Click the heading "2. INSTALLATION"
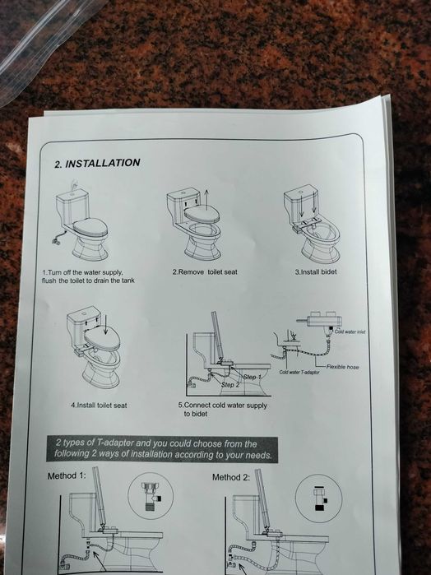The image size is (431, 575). [97, 163]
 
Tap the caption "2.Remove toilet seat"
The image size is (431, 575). [205, 272]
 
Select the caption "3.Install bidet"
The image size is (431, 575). [316, 272]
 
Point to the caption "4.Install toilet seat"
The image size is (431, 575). [99, 406]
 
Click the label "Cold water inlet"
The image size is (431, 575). [350, 332]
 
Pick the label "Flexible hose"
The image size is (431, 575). [343, 367]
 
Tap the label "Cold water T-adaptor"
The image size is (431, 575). [299, 372]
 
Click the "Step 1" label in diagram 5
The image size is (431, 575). [252, 377]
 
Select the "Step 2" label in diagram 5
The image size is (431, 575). [230, 385]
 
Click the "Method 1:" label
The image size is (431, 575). [67, 475]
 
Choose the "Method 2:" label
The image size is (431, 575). [231, 477]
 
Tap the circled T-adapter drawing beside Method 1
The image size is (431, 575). [151, 496]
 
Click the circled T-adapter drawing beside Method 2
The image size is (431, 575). [318, 498]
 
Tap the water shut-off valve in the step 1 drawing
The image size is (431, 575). [56, 241]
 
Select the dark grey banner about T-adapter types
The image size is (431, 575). [162, 449]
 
